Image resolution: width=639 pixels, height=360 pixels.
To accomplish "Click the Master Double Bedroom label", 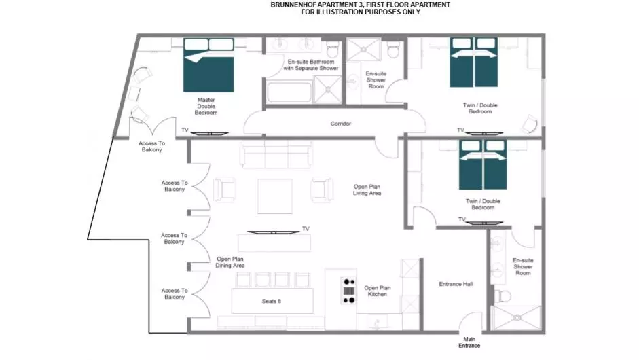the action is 206,106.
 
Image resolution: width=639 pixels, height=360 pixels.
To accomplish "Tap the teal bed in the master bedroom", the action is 208,65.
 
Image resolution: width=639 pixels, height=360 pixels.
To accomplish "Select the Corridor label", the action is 341,124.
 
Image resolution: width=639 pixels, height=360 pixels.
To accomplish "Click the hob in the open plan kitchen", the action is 349,291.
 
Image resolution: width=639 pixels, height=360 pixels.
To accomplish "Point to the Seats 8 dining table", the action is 272,301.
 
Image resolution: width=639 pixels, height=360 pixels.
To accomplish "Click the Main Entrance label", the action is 469,342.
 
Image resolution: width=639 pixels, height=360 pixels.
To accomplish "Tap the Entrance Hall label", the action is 456,284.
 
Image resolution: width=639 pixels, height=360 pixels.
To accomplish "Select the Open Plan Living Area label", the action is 367,190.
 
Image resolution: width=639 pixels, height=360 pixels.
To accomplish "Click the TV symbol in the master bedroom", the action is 209,133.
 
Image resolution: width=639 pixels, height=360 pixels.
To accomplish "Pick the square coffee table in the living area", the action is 275,196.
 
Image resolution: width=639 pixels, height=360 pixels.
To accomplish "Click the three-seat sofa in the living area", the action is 276,155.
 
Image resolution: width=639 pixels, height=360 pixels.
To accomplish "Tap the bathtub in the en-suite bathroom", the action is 290,92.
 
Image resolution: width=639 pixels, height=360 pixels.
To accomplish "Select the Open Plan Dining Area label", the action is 230,262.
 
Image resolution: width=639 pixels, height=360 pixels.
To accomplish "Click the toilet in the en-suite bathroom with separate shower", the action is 333,50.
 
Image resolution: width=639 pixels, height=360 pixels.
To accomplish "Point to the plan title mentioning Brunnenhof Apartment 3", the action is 361,8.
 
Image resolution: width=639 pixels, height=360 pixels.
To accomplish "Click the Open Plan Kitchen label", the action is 378,291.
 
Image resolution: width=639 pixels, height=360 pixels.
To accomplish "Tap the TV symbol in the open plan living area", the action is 274,232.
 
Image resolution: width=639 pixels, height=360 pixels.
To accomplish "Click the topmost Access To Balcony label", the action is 151,146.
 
